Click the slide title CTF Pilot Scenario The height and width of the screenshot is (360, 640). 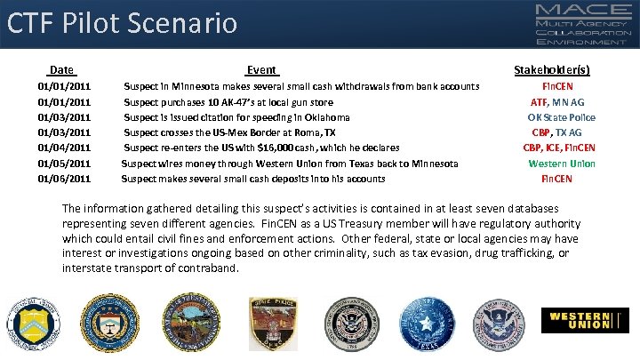(123, 22)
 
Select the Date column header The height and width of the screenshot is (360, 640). (62, 69)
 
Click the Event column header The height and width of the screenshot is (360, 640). (261, 69)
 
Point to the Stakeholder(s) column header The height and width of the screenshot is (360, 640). (552, 69)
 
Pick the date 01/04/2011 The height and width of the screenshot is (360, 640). (64, 148)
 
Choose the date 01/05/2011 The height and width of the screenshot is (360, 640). (64, 164)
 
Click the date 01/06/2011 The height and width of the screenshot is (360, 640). (64, 179)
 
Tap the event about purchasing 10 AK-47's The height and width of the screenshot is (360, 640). (228, 102)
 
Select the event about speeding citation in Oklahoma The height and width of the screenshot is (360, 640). (236, 117)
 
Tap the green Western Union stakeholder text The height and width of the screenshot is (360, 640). (562, 164)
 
